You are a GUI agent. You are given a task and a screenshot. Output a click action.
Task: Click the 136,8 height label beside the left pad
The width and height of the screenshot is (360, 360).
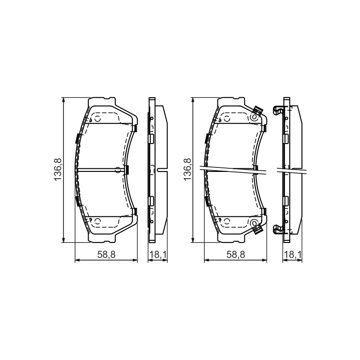[58, 169]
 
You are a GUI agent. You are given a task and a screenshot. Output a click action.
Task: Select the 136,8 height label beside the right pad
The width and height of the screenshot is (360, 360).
[188, 169]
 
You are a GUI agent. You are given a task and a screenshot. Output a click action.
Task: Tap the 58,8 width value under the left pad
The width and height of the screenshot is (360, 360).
[106, 254]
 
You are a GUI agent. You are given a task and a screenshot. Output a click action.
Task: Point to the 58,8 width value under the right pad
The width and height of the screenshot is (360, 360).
[236, 254]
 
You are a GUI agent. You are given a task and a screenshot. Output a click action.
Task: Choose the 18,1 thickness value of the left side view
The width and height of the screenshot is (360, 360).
[158, 254]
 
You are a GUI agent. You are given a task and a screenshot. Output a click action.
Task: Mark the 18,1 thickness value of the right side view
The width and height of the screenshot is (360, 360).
[292, 254]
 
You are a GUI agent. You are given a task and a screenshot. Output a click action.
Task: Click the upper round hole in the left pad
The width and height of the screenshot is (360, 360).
[98, 119]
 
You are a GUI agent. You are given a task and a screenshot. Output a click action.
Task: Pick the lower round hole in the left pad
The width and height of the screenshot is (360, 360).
[98, 221]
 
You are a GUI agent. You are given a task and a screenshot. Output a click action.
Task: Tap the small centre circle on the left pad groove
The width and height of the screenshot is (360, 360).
[118, 170]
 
